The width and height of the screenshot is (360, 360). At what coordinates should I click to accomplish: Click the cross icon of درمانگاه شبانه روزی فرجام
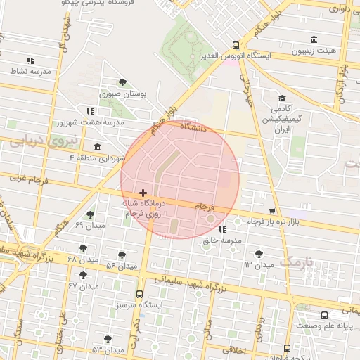coord(143,192)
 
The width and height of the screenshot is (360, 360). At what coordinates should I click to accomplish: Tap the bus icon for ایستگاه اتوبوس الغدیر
coord(236,44)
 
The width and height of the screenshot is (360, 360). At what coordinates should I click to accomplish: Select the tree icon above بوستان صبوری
coord(123,83)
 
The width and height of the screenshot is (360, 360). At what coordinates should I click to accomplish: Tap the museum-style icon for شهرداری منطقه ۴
coord(96,147)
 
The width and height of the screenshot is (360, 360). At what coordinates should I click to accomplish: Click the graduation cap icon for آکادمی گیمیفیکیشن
coord(282,98)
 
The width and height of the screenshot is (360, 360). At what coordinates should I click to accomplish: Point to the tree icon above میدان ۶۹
coord(89,214)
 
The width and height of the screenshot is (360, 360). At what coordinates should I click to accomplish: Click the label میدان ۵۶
coord(121,266)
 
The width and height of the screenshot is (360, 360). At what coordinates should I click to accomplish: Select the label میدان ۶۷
coord(82,285)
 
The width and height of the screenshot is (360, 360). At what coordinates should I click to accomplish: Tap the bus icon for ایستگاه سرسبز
coord(139,295)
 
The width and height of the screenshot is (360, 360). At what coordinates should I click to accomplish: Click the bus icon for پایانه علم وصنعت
coord(324,316)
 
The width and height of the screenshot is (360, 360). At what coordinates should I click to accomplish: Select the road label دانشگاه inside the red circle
coord(193,128)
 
